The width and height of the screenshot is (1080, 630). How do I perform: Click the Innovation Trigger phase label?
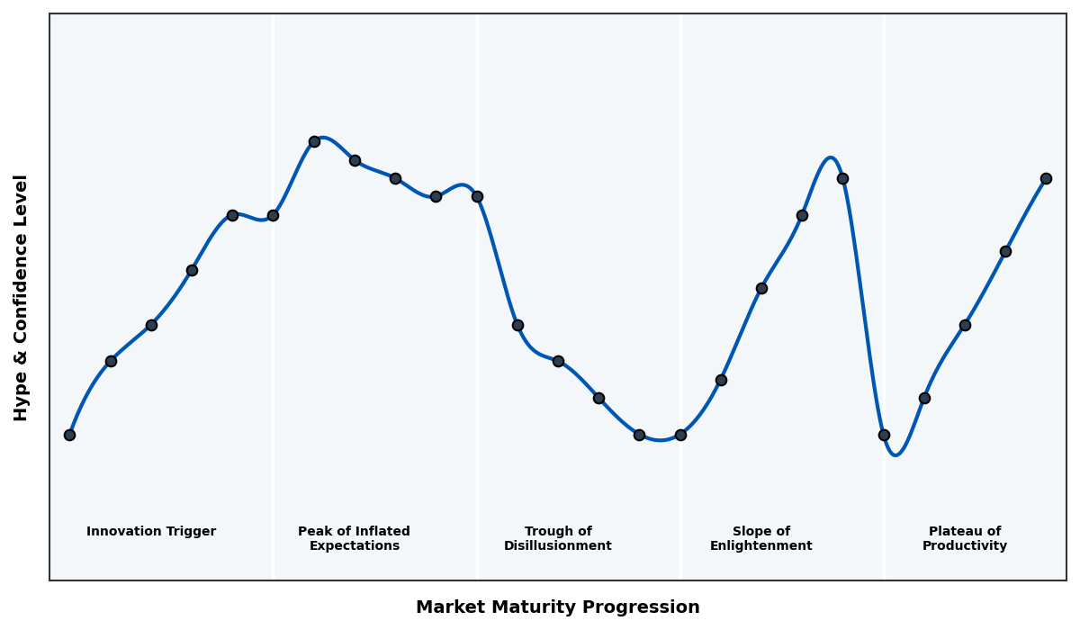(x=151, y=532)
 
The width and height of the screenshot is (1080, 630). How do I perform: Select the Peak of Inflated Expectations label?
(x=354, y=538)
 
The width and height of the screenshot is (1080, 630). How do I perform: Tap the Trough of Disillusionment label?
(x=558, y=538)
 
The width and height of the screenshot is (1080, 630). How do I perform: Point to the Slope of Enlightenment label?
(x=761, y=538)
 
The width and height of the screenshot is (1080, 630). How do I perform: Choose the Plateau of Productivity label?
(x=965, y=538)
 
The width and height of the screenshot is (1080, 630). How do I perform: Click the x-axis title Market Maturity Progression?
(x=558, y=607)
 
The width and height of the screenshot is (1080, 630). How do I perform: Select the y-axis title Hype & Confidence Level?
(x=22, y=297)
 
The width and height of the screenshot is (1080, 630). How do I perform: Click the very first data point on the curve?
(x=69, y=435)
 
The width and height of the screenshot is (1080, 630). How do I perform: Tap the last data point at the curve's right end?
(x=1046, y=178)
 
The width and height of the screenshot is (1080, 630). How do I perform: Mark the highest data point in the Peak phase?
(x=314, y=141)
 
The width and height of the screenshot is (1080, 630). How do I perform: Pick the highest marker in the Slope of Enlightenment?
(x=842, y=178)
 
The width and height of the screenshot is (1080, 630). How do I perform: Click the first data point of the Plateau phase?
(x=884, y=435)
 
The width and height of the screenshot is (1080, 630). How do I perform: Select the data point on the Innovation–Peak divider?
(x=273, y=215)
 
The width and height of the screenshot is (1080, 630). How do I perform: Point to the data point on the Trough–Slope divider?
(x=680, y=435)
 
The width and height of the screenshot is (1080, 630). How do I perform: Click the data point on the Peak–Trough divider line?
(x=477, y=196)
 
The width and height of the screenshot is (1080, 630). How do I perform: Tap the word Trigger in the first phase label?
(x=191, y=532)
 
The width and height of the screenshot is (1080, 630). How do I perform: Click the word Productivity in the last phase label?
(x=965, y=546)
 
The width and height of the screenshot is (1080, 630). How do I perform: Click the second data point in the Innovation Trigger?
(x=111, y=361)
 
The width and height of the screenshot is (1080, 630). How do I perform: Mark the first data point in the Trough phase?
(x=517, y=325)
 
